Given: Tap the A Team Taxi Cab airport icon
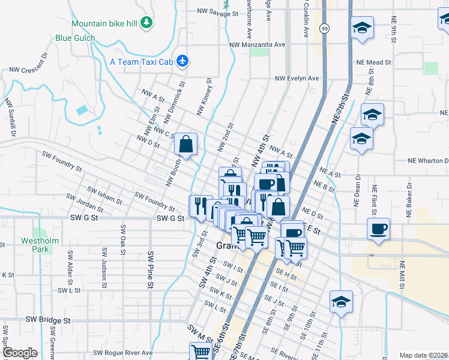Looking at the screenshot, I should [184, 61].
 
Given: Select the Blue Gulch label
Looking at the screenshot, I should [75, 38].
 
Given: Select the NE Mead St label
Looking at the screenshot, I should [373, 62].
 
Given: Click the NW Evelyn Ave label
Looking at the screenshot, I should [297, 79].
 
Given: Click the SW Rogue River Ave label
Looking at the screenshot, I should [123, 353].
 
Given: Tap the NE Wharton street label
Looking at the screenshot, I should [428, 161].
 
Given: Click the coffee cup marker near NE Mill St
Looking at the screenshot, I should [378, 229].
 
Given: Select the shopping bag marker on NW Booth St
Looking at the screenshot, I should [186, 143].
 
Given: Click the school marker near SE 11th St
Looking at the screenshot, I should [340, 302].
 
